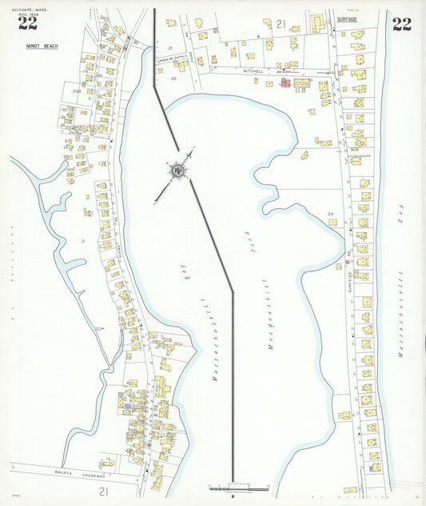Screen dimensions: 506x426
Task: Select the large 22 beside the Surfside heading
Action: pos(401,25)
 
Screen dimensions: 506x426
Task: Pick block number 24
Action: pos(330,214)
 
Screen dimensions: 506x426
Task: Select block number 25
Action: pos(173,78)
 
